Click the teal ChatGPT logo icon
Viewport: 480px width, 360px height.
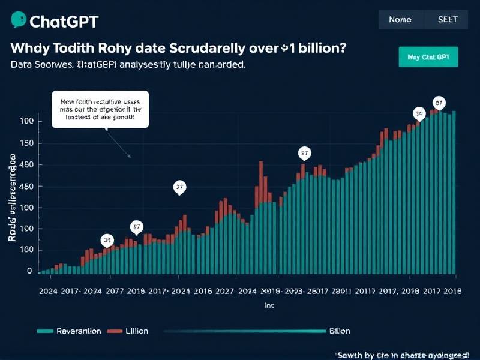(x=19, y=20)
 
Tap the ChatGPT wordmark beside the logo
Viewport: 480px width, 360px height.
(x=64, y=21)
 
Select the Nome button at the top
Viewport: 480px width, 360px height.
(x=400, y=19)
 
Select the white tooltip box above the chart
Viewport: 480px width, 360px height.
(x=100, y=109)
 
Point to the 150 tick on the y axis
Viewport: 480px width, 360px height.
(x=28, y=143)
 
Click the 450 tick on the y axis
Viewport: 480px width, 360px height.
(x=28, y=186)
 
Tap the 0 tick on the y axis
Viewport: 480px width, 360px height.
(x=29, y=271)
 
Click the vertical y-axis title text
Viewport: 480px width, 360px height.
(x=12, y=198)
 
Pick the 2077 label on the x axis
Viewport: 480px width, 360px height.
(x=119, y=292)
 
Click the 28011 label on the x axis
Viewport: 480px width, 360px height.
(x=337, y=292)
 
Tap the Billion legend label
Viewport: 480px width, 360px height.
(x=339, y=331)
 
